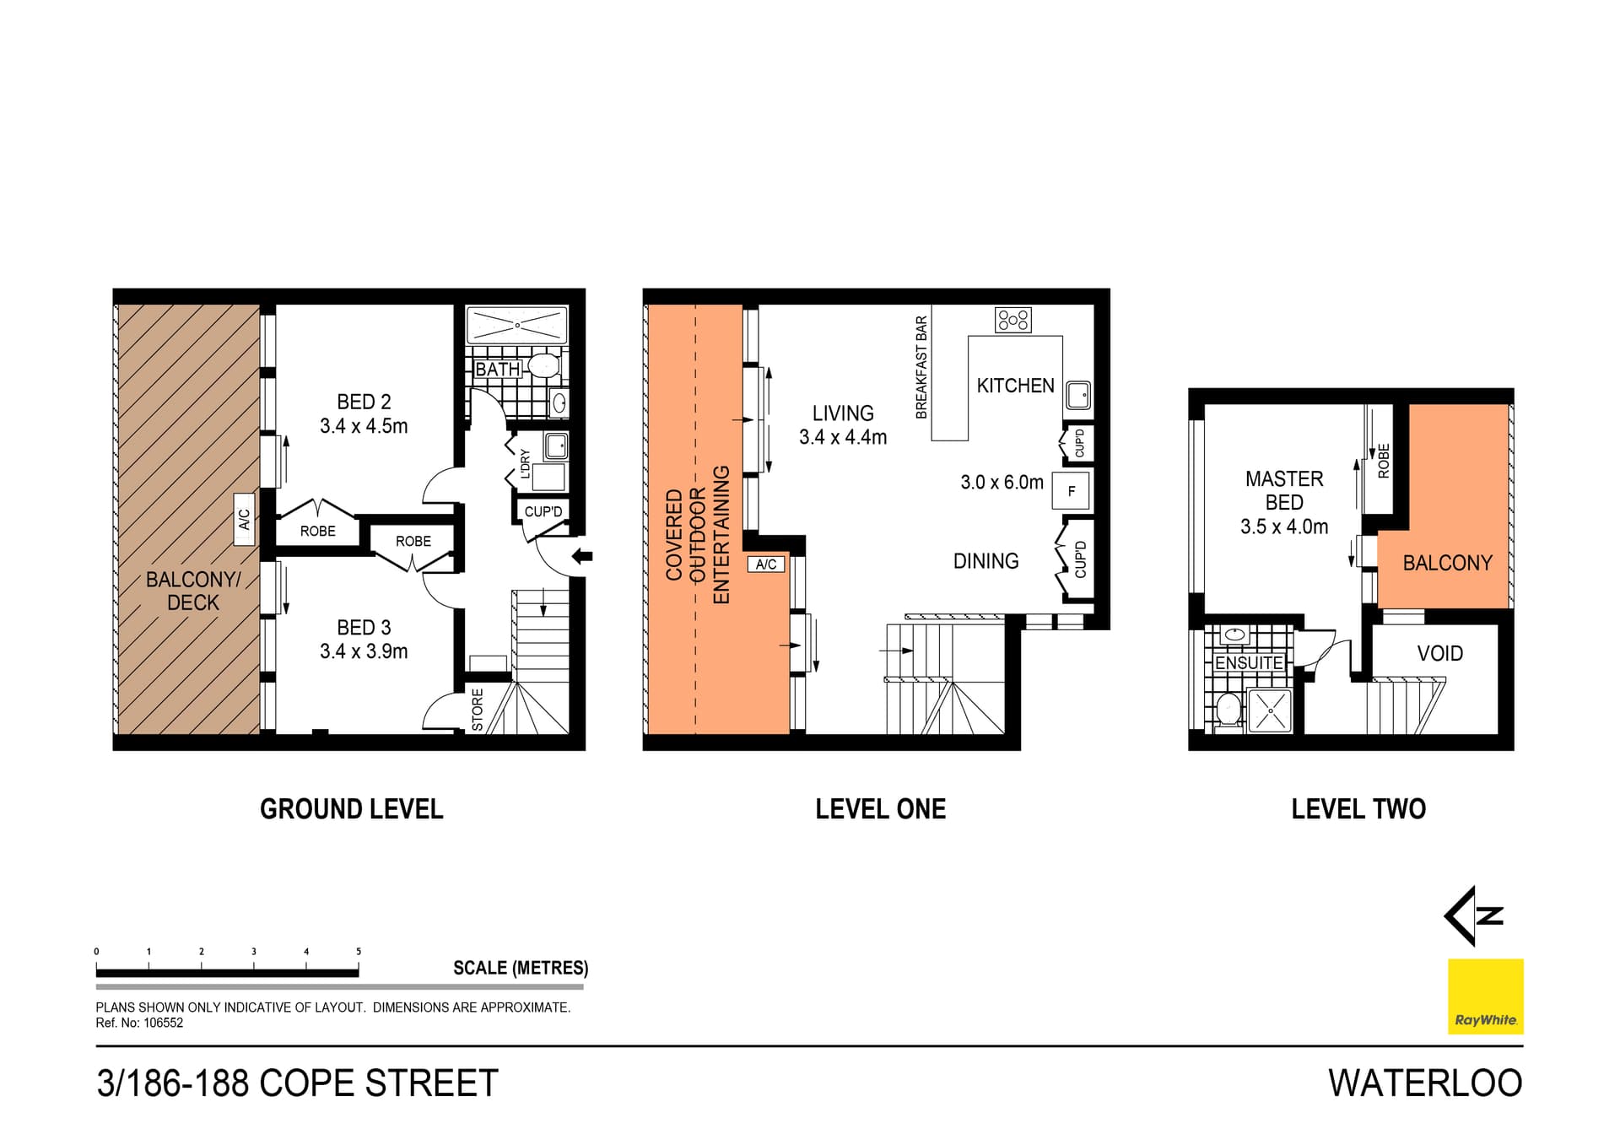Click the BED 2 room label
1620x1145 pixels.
coord(364,402)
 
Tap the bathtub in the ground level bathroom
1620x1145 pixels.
coord(516,326)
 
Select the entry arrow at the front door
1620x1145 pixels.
coord(582,556)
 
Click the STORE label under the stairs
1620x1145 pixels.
coord(478,709)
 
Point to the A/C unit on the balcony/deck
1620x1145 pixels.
coord(244,520)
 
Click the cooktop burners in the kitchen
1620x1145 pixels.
coord(1012,320)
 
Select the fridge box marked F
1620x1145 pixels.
coord(1071,491)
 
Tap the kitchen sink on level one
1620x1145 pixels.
coord(1077,394)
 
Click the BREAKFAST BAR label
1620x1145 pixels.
coord(921,367)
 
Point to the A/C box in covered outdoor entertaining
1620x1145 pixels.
coord(766,564)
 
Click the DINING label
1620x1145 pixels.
coord(985,561)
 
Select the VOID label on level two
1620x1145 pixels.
coord(1439,653)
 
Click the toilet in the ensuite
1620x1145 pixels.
coord(1228,709)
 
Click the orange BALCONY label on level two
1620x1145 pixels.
coord(1447,563)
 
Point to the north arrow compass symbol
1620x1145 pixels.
coord(1475,915)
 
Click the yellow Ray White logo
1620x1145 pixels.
coord(1485,996)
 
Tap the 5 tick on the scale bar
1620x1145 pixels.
coord(359,952)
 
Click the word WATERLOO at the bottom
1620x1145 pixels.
coord(1425,1083)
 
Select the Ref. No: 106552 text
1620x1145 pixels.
coord(139,1023)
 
